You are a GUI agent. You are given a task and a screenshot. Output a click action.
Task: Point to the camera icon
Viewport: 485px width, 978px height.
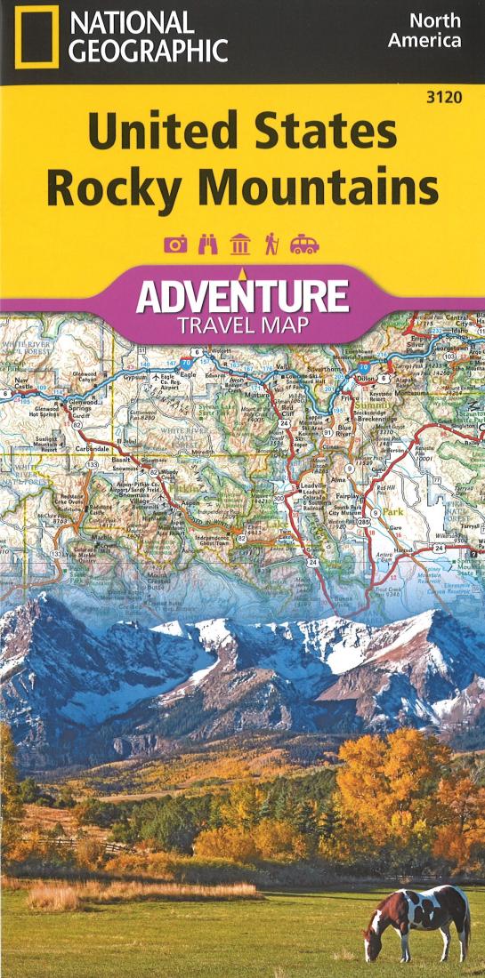click(175, 244)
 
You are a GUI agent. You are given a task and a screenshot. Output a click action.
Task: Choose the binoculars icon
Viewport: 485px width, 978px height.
click(208, 244)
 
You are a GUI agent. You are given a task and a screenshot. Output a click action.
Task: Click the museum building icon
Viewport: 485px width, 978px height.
click(239, 244)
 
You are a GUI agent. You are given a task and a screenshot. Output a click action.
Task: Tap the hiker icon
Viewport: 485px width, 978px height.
click(271, 244)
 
